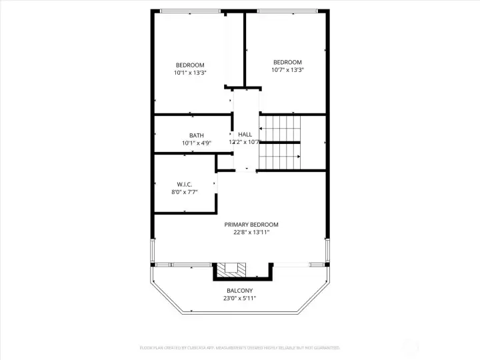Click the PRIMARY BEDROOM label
pyautogui.click(x=251, y=225)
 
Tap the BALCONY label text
pyautogui.click(x=239, y=291)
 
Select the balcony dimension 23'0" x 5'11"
pyautogui.click(x=239, y=299)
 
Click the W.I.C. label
pyautogui.click(x=185, y=184)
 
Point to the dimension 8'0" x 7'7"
pyautogui.click(x=185, y=192)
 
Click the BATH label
pyautogui.click(x=196, y=135)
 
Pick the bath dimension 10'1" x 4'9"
pyautogui.click(x=196, y=143)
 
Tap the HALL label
pyautogui.click(x=245, y=135)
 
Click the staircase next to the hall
pyautogui.click(x=280, y=142)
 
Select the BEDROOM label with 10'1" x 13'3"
pyautogui.click(x=190, y=65)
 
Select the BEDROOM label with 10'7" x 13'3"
pyautogui.click(x=287, y=62)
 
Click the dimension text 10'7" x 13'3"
pyautogui.click(x=287, y=70)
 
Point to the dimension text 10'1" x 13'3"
pyautogui.click(x=190, y=73)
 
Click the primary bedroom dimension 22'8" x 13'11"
pyautogui.click(x=251, y=233)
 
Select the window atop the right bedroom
pyautogui.click(x=287, y=11)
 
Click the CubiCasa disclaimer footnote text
pyautogui.click(x=239, y=347)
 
